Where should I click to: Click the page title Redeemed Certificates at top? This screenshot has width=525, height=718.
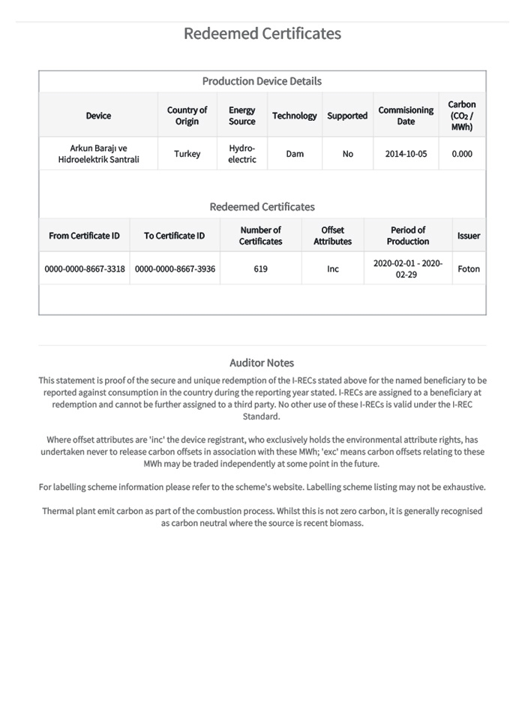click(262, 34)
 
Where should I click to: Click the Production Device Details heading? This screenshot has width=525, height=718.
click(262, 81)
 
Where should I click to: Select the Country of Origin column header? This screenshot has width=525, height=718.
click(187, 116)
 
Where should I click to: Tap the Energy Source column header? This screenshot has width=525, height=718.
click(241, 116)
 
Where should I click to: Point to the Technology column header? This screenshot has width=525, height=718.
click(294, 116)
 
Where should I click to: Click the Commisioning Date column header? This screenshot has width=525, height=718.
click(406, 116)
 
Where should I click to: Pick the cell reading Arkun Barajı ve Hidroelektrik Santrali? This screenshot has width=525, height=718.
click(98, 154)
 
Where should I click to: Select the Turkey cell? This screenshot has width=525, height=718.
click(187, 154)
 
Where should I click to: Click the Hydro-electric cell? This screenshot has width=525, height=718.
click(241, 154)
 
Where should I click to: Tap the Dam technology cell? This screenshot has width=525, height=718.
click(295, 154)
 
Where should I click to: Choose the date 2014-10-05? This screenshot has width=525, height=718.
click(406, 154)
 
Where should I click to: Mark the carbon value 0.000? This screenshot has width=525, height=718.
click(462, 154)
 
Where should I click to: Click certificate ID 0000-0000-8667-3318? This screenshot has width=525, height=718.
click(85, 269)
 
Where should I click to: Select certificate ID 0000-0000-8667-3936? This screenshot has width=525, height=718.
click(175, 269)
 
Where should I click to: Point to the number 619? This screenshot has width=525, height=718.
click(260, 269)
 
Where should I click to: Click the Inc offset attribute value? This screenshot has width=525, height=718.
click(332, 269)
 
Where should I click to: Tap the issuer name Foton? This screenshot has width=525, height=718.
click(469, 269)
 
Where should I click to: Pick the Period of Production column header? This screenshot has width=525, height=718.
click(408, 236)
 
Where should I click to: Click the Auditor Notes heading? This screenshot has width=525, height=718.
click(262, 363)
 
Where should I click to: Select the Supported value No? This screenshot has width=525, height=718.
click(347, 154)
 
